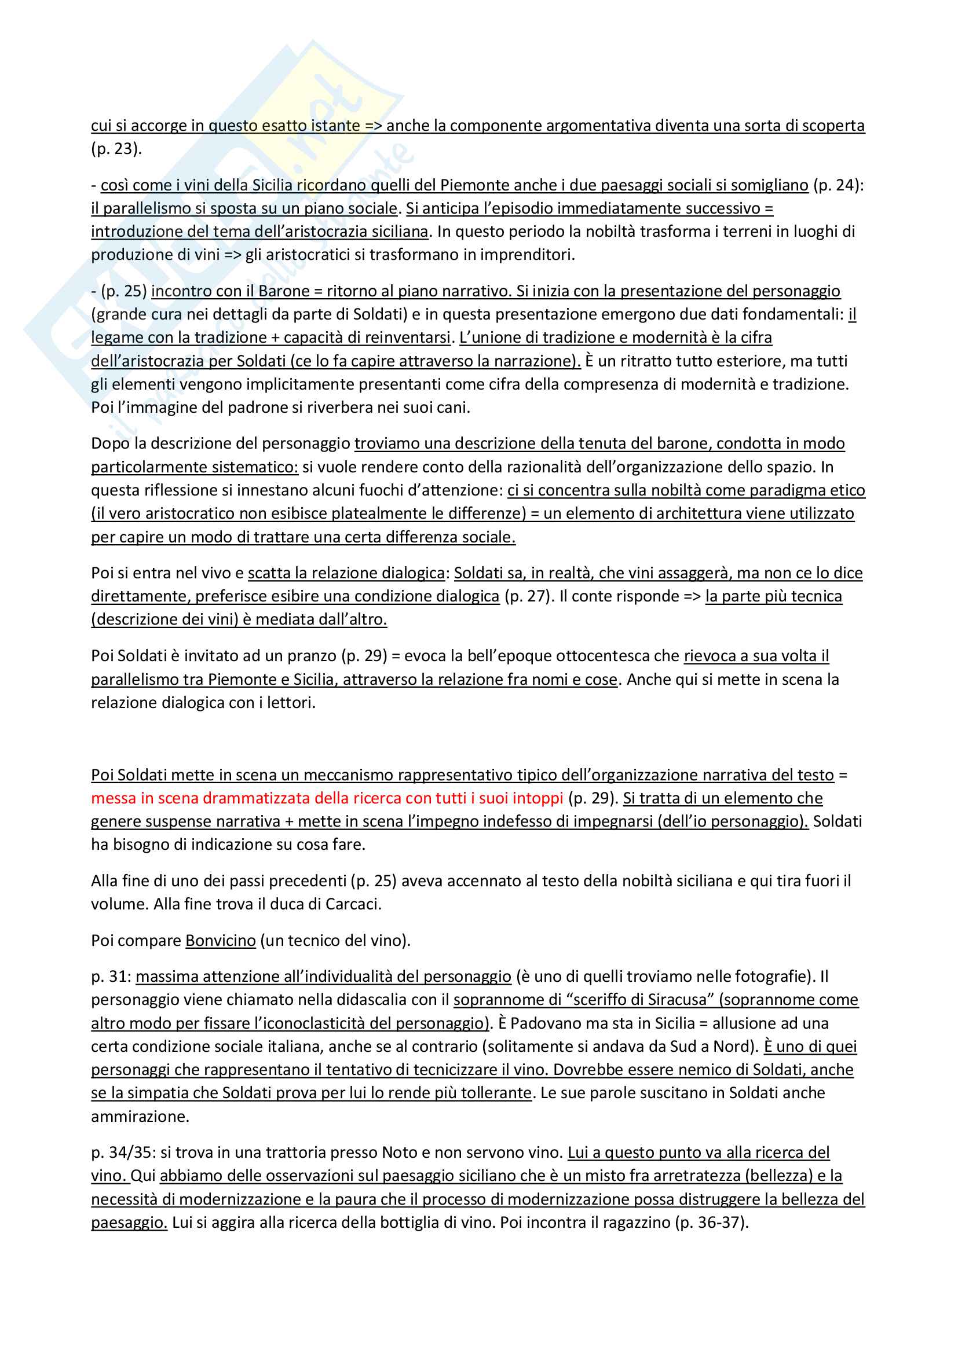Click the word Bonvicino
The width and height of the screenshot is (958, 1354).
tap(220, 940)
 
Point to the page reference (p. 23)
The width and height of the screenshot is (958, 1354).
tap(116, 149)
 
